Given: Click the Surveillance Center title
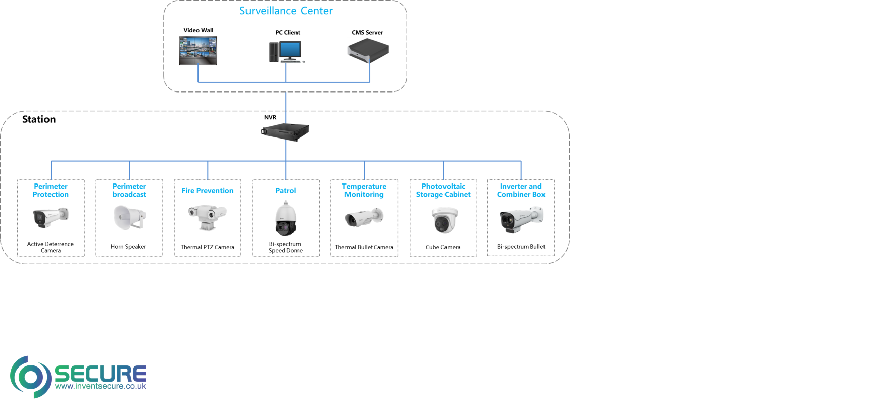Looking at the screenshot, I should (x=286, y=11).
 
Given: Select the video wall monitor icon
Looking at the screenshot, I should (x=198, y=51).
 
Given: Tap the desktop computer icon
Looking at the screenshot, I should (x=286, y=52).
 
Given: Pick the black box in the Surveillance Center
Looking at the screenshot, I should (x=368, y=51).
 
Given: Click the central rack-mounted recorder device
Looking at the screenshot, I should (x=285, y=131).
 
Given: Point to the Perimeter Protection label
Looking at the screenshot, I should (x=51, y=191).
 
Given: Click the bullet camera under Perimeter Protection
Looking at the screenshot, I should (x=51, y=217).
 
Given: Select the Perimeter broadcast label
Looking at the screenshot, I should (x=129, y=191).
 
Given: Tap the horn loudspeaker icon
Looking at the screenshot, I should (x=130, y=217).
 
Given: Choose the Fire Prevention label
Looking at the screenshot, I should (x=208, y=191).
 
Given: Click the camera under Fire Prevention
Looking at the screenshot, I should (x=208, y=217).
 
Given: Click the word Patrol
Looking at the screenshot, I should (x=286, y=191).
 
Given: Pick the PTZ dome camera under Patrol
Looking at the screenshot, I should (x=286, y=218).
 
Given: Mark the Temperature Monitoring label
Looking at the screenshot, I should (x=364, y=191).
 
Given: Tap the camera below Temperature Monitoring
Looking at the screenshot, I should (x=364, y=218).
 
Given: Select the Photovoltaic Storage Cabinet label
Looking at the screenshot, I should (x=443, y=191).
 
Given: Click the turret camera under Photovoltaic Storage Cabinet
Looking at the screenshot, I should (x=444, y=219).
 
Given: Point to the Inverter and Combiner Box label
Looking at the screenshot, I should (x=521, y=191).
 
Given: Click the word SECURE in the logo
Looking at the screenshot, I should (x=100, y=374).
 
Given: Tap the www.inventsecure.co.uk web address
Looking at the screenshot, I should (x=101, y=386).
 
